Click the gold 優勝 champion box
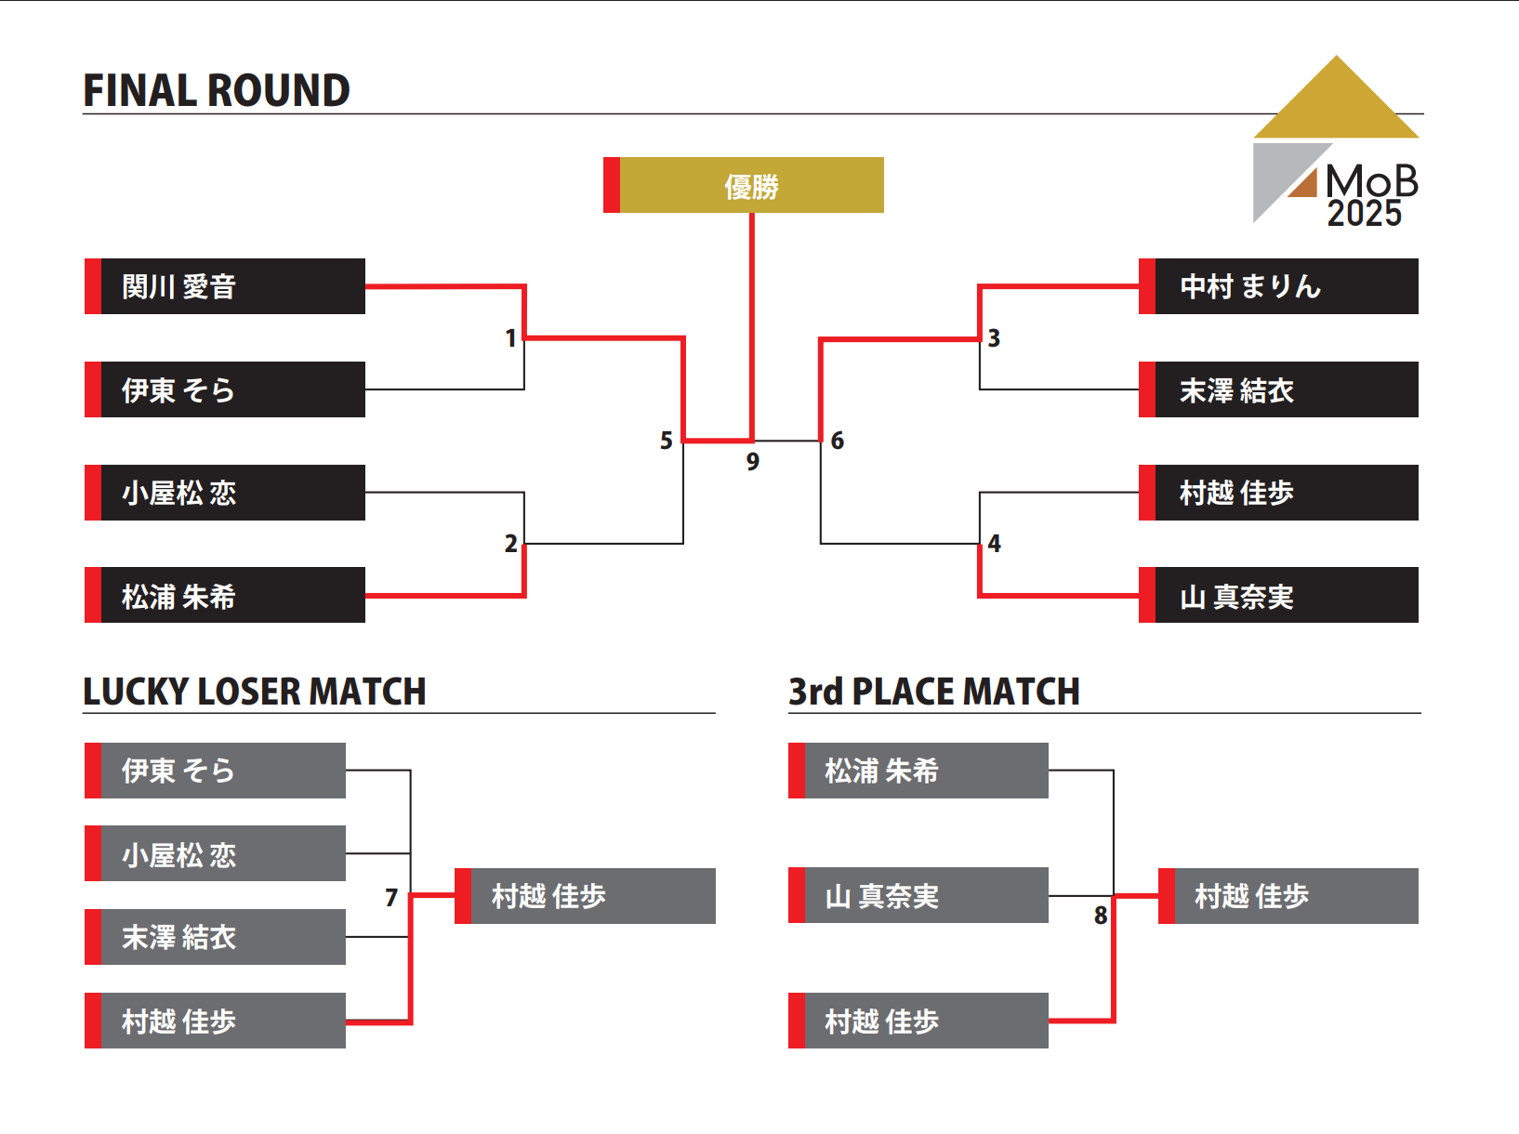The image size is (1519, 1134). pyautogui.click(x=744, y=185)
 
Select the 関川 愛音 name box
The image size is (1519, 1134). pyautogui.click(x=225, y=286)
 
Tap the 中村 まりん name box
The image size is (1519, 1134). pyautogui.click(x=1278, y=286)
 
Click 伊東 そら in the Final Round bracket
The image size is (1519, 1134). pyautogui.click(x=225, y=389)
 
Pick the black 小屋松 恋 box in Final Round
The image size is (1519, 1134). pyautogui.click(x=225, y=493)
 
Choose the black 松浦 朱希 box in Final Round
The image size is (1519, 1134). pyautogui.click(x=225, y=595)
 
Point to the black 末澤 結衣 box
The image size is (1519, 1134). pyautogui.click(x=1278, y=389)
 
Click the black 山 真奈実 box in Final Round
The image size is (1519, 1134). pyautogui.click(x=1278, y=595)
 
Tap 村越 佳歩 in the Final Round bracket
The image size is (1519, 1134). pyautogui.click(x=1278, y=493)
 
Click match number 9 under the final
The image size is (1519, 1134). pyautogui.click(x=753, y=461)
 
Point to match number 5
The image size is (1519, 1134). pyautogui.click(x=666, y=441)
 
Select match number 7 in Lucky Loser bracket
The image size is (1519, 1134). pyautogui.click(x=391, y=897)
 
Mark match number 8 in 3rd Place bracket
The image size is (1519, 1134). pyautogui.click(x=1101, y=916)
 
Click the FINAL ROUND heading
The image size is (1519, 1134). pyautogui.click(x=217, y=91)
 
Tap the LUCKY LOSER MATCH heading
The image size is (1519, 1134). pyautogui.click(x=254, y=692)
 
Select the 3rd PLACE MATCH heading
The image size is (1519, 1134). pyautogui.click(x=933, y=692)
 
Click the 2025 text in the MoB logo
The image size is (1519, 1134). pyautogui.click(x=1364, y=214)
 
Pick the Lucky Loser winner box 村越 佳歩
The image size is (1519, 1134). pyautogui.click(x=586, y=896)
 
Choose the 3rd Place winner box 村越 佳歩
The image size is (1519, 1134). pyautogui.click(x=1288, y=896)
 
